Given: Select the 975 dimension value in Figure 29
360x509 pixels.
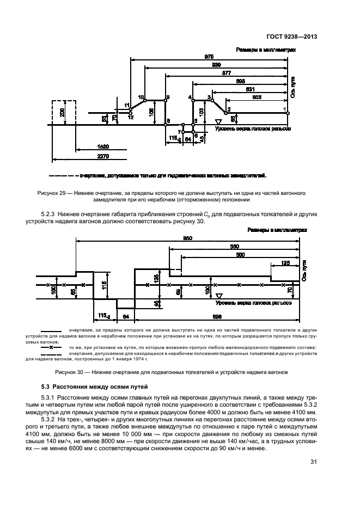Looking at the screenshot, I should click(x=209, y=56).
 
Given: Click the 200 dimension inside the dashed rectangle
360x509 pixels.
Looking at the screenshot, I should click(x=63, y=113).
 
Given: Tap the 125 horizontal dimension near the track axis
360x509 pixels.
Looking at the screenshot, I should click(x=285, y=262).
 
